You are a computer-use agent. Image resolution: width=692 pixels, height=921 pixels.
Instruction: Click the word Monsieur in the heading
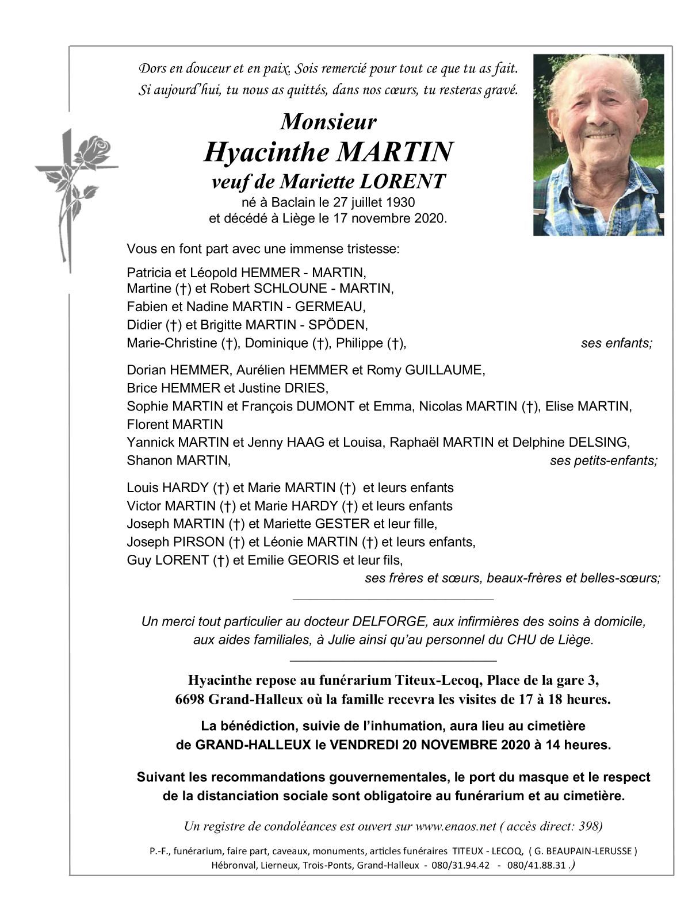click(328, 122)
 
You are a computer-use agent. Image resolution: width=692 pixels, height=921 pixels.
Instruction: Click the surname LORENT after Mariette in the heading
click(402, 182)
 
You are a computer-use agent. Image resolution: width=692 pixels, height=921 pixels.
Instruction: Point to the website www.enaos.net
click(456, 826)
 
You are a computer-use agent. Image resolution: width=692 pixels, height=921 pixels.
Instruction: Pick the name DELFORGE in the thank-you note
click(389, 621)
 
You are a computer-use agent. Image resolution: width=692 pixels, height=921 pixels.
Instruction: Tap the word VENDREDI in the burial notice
click(364, 745)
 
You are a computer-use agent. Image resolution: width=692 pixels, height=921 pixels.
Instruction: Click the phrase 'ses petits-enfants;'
click(603, 460)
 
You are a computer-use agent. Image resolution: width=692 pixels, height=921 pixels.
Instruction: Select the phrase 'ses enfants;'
click(617, 343)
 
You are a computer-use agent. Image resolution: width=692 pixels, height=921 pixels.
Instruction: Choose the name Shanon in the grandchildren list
click(150, 460)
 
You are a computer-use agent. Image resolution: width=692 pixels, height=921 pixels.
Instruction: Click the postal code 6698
click(190, 700)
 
